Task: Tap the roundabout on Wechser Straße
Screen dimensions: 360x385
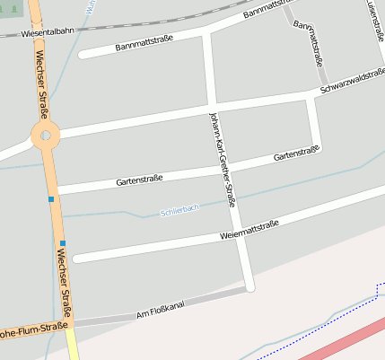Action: [x=44, y=136]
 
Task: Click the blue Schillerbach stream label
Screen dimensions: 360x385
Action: [x=179, y=211]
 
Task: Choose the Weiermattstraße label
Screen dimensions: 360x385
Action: [x=249, y=231]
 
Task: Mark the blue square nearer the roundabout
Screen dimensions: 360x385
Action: [x=51, y=198]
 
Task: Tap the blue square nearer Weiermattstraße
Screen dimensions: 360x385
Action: [x=63, y=242]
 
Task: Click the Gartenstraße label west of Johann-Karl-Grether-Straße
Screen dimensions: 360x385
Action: [x=139, y=181]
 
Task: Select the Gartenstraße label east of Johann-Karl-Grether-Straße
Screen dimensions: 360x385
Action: [x=296, y=155]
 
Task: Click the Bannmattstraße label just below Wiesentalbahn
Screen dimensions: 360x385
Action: [x=144, y=42]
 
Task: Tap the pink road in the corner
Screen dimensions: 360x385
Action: [x=346, y=338]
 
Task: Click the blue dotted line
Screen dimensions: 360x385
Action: [x=332, y=316]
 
